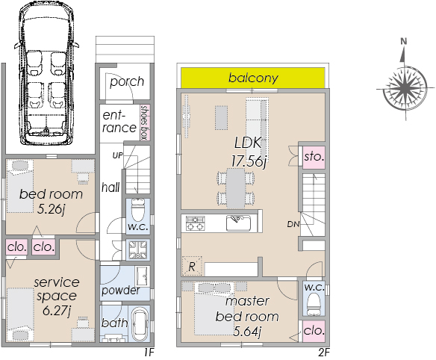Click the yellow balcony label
pyautogui.click(x=253, y=78)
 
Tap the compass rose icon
pyautogui.click(x=405, y=89)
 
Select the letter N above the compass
pyautogui.click(x=404, y=42)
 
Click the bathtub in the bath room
pyautogui.click(x=140, y=324)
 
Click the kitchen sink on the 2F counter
pyautogui.click(x=238, y=223)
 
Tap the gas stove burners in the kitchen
pyautogui.click(x=195, y=223)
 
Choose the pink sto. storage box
pyautogui.click(x=314, y=157)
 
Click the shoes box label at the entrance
pyautogui.click(x=144, y=122)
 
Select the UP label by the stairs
pyautogui.click(x=117, y=155)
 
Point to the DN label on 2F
pyautogui.click(x=293, y=224)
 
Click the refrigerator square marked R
pyautogui.click(x=192, y=266)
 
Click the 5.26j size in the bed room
pyautogui.click(x=51, y=209)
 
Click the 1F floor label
pyautogui.click(x=149, y=353)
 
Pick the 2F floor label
pyautogui.click(x=324, y=353)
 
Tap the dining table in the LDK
pyautogui.click(x=235, y=188)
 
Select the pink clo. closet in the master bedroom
pyautogui.click(x=314, y=331)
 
